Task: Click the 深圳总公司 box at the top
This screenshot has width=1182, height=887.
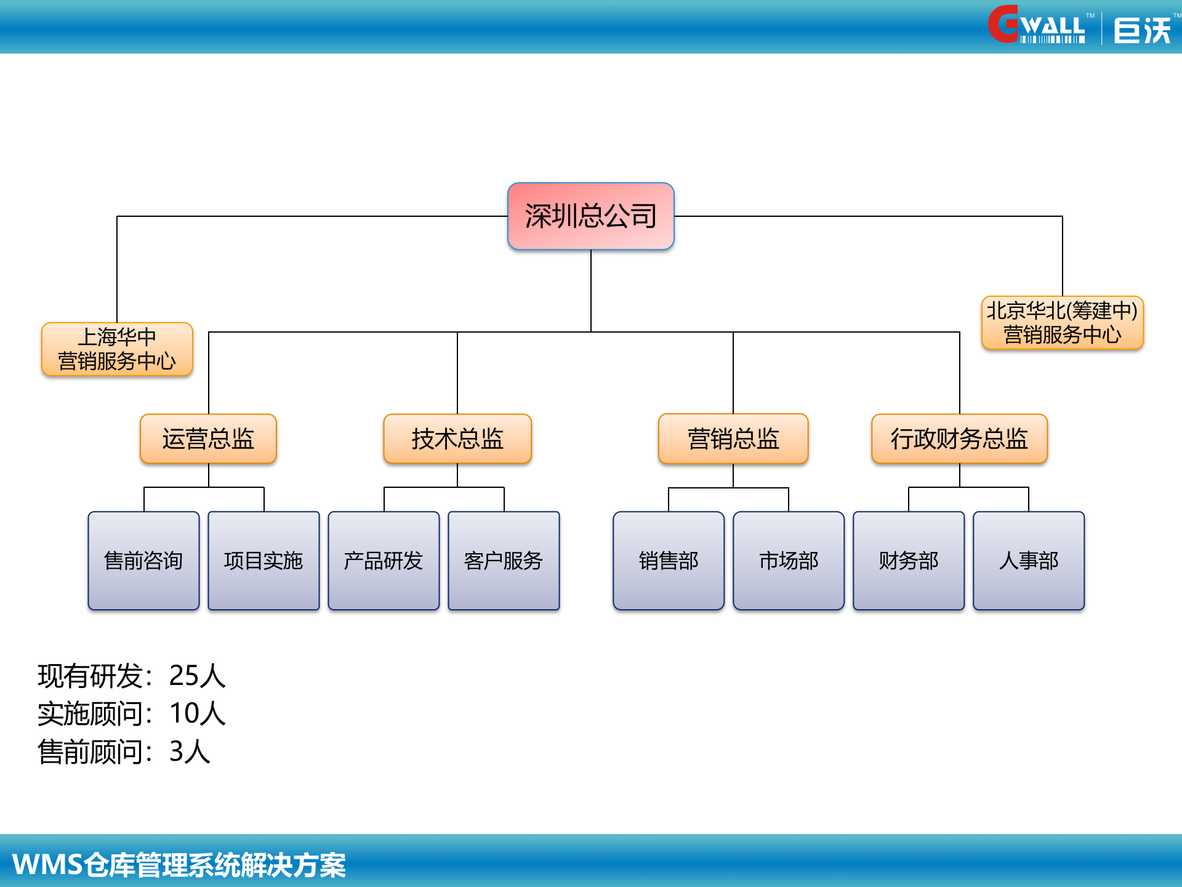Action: point(590,216)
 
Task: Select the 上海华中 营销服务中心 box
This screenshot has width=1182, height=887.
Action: point(117,349)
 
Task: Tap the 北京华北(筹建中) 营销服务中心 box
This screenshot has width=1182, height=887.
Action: point(1062,323)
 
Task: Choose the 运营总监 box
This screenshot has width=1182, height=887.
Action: point(208,439)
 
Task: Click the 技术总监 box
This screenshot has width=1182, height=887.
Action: point(457,439)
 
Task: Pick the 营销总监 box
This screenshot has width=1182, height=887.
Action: point(733,439)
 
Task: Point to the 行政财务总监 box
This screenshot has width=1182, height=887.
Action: point(959,439)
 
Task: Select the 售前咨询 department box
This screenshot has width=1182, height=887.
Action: point(143,561)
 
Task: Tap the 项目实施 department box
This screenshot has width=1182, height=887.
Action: point(263,561)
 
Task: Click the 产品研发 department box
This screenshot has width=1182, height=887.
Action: point(384,561)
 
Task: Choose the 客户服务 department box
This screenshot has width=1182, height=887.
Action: point(504,561)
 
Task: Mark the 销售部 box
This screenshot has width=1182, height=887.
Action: point(669,561)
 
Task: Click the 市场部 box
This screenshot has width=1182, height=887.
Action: point(789,561)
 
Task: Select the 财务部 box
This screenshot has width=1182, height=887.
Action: point(909,561)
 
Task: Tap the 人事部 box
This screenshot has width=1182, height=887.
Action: point(1029,561)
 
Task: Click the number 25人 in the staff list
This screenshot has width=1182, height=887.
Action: point(197,676)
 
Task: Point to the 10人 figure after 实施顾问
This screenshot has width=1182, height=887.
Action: point(197,713)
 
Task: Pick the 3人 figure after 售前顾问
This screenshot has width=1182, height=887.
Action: point(190,751)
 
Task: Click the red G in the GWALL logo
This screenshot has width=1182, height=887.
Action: point(1003,25)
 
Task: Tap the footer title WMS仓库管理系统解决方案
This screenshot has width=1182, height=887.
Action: point(179,865)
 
